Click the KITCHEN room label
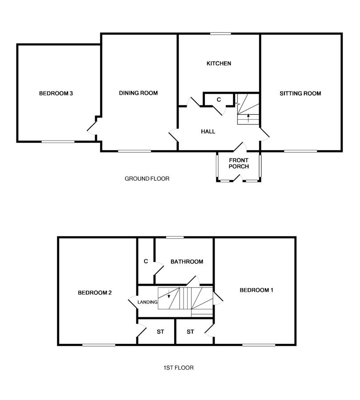point(219,63)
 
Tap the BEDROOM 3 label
point(56,93)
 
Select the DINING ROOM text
point(138,93)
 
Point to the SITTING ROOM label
point(300,93)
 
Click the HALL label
point(208,132)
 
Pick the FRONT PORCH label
point(239,163)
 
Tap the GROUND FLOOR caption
point(147,179)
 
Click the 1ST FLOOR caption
point(179,368)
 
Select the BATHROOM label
point(187,261)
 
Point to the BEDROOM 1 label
point(256,290)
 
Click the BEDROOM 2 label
point(95,292)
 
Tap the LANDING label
point(148,302)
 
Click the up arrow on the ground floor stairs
point(248,118)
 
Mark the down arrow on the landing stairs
point(168,294)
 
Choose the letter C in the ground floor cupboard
point(219,100)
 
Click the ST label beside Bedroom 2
point(160,332)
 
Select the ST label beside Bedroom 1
point(190,332)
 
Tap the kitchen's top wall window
point(220,33)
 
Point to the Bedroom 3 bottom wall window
point(58,141)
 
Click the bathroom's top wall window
point(175,237)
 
